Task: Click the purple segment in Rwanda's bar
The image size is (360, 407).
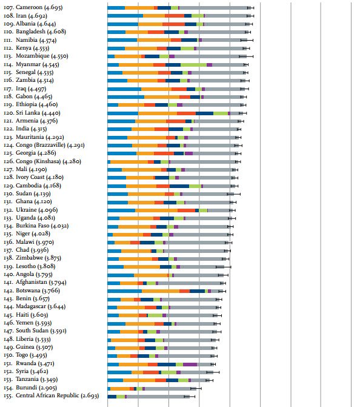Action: tap(190, 365)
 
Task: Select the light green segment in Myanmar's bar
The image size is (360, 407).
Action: tap(193, 65)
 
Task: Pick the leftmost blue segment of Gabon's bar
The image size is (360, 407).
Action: tap(126, 97)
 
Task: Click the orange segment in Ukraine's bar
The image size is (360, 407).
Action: tap(156, 210)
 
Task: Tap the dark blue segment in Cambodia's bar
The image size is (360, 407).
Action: tap(179, 186)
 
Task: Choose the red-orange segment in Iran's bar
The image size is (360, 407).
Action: tap(175, 16)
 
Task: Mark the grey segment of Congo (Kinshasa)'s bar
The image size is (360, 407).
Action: tap(203, 162)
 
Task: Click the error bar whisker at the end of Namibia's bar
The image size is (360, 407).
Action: tap(247, 40)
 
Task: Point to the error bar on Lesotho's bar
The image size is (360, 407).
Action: tap(223, 267)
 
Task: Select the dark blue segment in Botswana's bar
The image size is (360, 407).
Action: tap(197, 291)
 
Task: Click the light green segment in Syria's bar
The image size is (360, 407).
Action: tap(169, 372)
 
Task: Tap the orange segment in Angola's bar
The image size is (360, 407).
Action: tap(151, 275)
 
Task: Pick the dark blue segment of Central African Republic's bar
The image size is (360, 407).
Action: tap(112, 397)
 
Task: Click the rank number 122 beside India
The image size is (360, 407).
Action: tap(8, 129)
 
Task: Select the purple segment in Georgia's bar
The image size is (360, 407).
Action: tap(188, 153)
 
